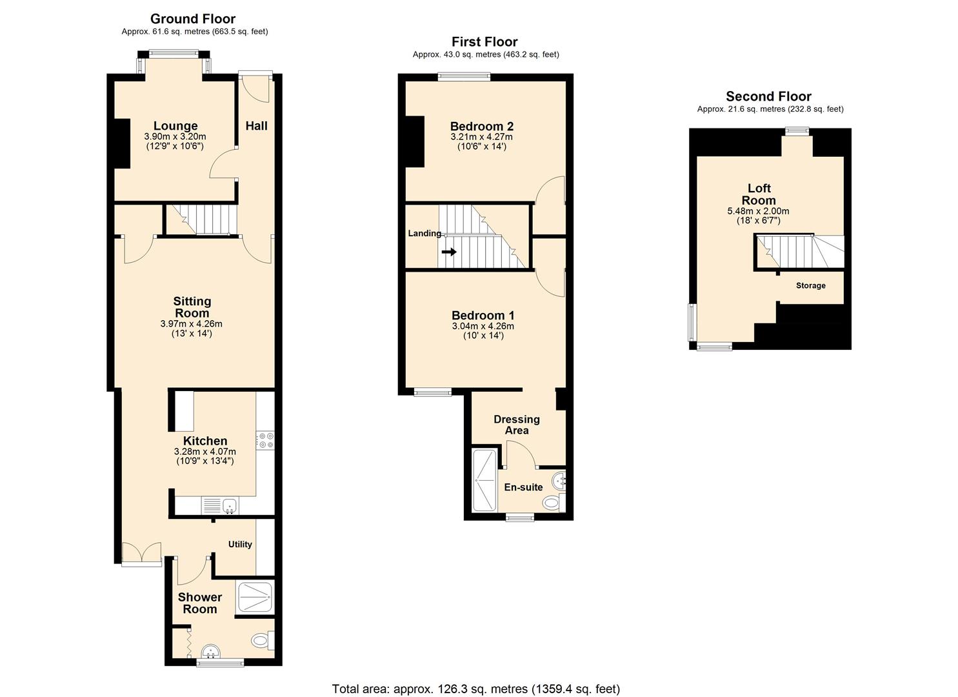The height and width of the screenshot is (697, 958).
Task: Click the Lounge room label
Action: pos(175,126)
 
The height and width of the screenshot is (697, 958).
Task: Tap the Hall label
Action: pos(256,126)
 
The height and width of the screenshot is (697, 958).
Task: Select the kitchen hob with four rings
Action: pos(265,440)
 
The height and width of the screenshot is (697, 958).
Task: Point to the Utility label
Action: pos(240,544)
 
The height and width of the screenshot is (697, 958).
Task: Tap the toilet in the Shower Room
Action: pos(261,640)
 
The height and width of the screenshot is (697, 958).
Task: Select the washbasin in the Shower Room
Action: pos(211,651)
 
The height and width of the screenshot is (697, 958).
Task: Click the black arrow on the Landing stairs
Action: pos(449,252)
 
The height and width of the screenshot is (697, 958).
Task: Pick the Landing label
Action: pos(424,233)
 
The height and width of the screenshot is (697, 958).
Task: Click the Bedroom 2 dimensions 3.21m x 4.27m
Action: pos(482,137)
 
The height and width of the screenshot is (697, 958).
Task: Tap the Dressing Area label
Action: pos(517,425)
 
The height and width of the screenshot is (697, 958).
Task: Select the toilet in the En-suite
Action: pos(552,502)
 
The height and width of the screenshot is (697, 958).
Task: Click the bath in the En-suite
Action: pos(483,480)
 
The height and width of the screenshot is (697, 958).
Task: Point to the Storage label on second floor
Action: pos(810,285)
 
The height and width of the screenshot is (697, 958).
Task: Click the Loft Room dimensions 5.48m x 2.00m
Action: pos(758,211)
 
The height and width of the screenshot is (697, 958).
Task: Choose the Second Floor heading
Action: pos(768,96)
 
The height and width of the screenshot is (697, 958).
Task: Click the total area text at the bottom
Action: pos(475,689)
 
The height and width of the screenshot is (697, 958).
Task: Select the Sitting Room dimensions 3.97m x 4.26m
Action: pos(192,324)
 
